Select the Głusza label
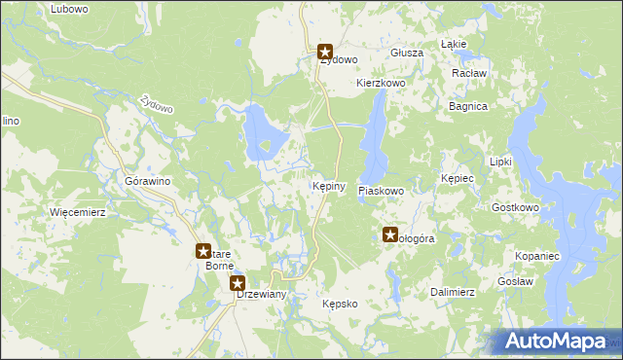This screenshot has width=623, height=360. coord(406,53)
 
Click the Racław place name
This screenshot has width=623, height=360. coord(469,73)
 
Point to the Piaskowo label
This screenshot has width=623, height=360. coord(381,192)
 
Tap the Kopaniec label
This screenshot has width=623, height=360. coord(536,254)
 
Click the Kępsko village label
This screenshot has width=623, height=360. coord(341,304)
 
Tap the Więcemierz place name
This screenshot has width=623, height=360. coord(77,210)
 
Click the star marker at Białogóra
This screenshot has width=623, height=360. coord(390,234)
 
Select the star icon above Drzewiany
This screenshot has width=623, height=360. coord(238,283)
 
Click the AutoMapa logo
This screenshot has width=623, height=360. coord(553,341)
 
